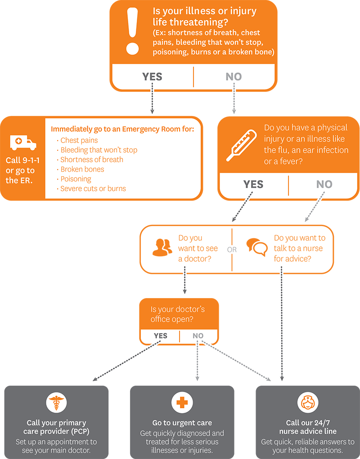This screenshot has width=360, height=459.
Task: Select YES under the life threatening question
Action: click(152, 77)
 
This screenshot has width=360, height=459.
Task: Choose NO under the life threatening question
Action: click(234, 77)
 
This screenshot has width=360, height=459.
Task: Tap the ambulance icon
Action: click(23, 143)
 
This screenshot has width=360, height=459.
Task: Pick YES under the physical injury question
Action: click(253, 184)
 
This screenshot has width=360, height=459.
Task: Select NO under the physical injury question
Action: click(324, 184)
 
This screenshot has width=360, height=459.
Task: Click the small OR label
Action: click(232, 249)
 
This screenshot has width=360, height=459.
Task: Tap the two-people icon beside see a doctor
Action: click(162, 247)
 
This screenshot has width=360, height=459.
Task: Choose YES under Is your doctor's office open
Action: click(160, 336)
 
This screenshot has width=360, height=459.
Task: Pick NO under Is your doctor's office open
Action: click(198, 336)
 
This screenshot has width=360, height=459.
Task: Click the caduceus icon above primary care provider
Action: click(56, 402)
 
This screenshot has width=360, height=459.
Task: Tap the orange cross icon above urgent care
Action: click(182, 402)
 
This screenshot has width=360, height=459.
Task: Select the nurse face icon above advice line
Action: click(308, 402)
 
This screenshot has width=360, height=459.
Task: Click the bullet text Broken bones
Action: click(82, 169)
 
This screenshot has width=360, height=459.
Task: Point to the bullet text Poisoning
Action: click(76, 179)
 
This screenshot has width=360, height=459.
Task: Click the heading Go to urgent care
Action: click(182, 423)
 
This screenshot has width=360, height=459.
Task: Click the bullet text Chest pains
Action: click(79, 140)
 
